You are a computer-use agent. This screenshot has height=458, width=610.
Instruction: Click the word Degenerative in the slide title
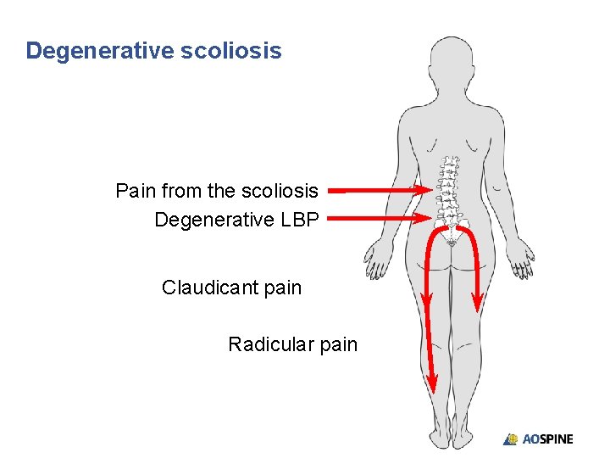click(x=100, y=51)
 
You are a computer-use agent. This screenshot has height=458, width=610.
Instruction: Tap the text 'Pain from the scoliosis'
click(x=217, y=191)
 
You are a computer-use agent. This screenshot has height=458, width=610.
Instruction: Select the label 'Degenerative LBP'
click(x=236, y=220)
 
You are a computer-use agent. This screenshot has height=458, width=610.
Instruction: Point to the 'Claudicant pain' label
click(x=231, y=288)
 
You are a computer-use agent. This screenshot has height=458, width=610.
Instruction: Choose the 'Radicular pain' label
click(x=292, y=344)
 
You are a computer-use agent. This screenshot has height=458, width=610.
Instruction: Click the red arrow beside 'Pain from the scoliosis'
click(x=378, y=191)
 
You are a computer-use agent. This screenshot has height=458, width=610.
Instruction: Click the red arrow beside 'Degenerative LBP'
click(x=378, y=218)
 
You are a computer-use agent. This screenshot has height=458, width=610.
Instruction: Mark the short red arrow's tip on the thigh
click(x=478, y=306)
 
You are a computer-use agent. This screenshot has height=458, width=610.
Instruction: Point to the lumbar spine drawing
click(x=449, y=191)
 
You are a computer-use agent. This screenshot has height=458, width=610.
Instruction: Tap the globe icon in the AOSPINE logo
click(x=511, y=439)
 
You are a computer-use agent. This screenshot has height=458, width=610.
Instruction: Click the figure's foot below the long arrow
click(x=440, y=438)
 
